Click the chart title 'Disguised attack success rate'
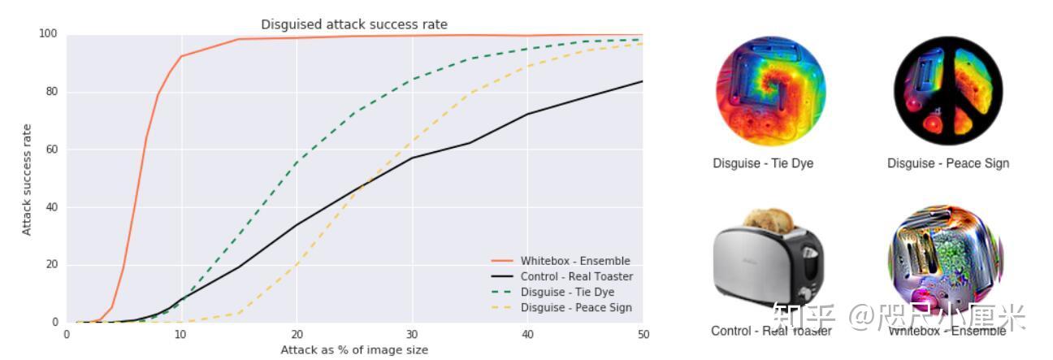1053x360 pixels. (x=353, y=24)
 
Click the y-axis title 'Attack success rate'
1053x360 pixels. (x=27, y=180)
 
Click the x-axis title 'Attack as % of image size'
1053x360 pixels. (x=353, y=350)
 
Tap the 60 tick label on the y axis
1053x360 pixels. (x=51, y=150)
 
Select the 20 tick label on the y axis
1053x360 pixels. (x=51, y=265)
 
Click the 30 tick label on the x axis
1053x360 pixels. (x=412, y=333)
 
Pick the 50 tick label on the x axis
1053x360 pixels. (x=642, y=333)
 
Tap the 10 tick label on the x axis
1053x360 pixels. (x=181, y=333)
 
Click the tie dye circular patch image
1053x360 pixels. (x=769, y=90)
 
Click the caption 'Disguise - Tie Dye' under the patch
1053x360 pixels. (x=763, y=163)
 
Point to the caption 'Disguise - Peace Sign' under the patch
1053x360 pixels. (x=947, y=163)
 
